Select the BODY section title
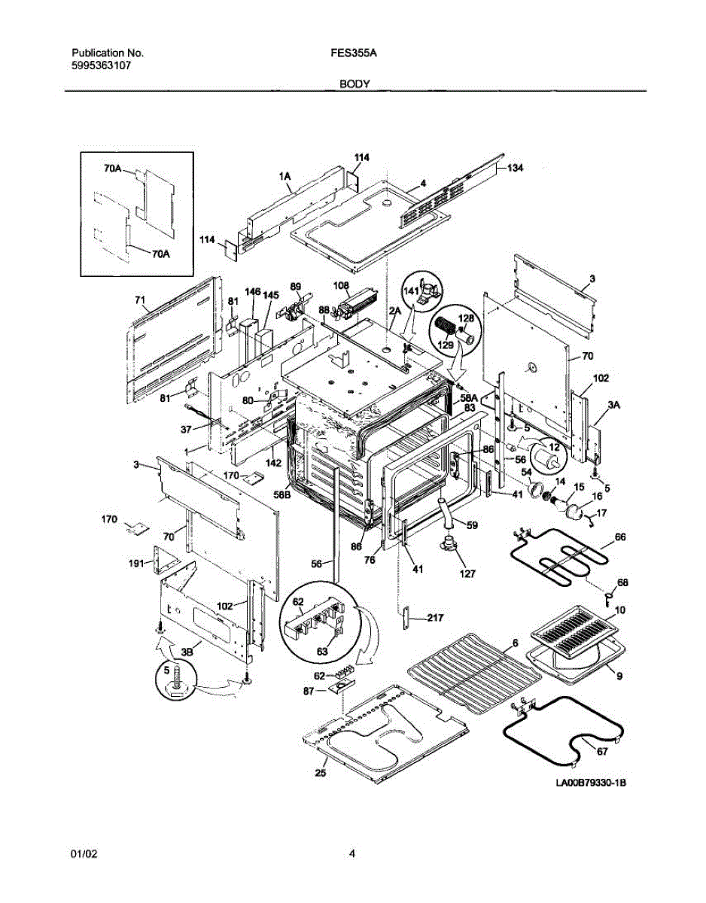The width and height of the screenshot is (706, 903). coord(354,84)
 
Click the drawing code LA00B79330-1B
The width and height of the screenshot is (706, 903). coord(591,783)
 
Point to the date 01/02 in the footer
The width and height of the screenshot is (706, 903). coord(84,853)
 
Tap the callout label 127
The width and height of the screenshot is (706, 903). coord(467,573)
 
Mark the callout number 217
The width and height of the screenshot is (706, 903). coord(434,618)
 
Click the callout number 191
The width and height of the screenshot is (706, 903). coord(137,562)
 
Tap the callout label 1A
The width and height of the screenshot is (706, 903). coord(285,176)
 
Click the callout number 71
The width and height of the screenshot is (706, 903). coord(139,300)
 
